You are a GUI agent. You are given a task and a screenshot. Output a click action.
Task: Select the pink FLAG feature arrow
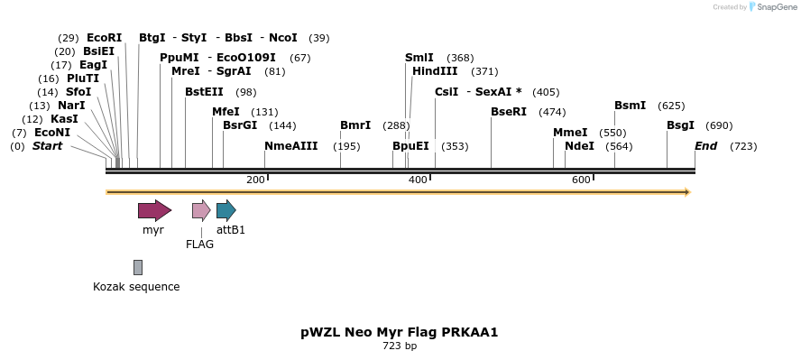coord(201,210)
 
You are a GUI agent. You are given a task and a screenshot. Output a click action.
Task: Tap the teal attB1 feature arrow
coord(226,210)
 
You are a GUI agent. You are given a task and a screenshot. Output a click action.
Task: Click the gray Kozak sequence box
coord(138,267)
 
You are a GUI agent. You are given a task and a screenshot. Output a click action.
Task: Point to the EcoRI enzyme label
coord(104,38)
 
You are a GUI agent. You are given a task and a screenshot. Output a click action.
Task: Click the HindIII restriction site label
coord(435,71)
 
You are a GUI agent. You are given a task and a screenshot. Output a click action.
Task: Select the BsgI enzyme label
coord(681,125)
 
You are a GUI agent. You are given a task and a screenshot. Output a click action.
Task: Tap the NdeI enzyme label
coord(579,146)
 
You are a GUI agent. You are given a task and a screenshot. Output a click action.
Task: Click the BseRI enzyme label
coord(509,112)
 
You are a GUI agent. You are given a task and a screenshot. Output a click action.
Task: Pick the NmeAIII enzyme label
coord(290,146)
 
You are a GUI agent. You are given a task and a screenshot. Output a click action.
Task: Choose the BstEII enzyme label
coord(204,92)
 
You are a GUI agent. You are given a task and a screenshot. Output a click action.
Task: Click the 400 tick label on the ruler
coord(418,180)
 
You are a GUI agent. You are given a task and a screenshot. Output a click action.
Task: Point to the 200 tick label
coord(255,180)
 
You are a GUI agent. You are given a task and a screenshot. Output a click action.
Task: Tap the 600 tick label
coord(581,180)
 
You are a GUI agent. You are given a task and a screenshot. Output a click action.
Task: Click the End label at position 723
coord(706,146)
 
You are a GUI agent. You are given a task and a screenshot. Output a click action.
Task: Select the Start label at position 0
coord(47,146)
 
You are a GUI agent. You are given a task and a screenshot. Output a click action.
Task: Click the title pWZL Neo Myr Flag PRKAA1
coord(400,332)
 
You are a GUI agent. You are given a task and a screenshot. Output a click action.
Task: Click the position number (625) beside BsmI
coord(671,106)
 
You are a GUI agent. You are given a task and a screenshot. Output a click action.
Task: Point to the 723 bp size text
coord(400,346)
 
